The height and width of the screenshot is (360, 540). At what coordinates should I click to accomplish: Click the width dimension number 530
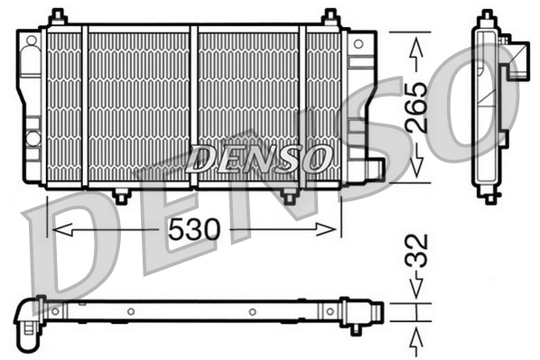(x=193, y=231)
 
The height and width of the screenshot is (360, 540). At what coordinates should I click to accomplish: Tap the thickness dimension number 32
(x=414, y=254)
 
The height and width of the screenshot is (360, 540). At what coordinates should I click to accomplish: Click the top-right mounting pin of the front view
(x=331, y=16)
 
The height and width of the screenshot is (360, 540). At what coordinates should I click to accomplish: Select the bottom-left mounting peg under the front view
(x=120, y=195)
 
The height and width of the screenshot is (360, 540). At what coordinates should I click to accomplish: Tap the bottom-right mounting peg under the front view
(x=288, y=195)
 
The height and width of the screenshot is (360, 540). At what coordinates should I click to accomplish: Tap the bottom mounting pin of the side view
(x=490, y=196)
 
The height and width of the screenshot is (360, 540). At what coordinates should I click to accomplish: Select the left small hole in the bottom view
(x=130, y=312)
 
